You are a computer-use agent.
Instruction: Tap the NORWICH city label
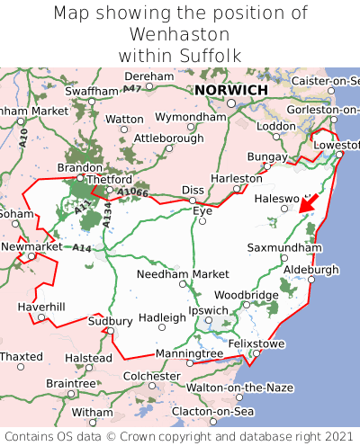coord(230,91)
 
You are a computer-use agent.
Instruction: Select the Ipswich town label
coord(208,310)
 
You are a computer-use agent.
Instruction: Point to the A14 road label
coord(82,247)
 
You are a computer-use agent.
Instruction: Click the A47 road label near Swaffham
coord(132,88)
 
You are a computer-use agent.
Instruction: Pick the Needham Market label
coord(183,273)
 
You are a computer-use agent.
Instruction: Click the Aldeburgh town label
coord(311,269)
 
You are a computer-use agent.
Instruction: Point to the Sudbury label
coord(110,321)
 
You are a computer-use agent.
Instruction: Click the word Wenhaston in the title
coord(180,34)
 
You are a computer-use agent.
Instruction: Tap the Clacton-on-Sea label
coord(214,411)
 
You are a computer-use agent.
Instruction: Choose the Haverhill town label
coord(41,307)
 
